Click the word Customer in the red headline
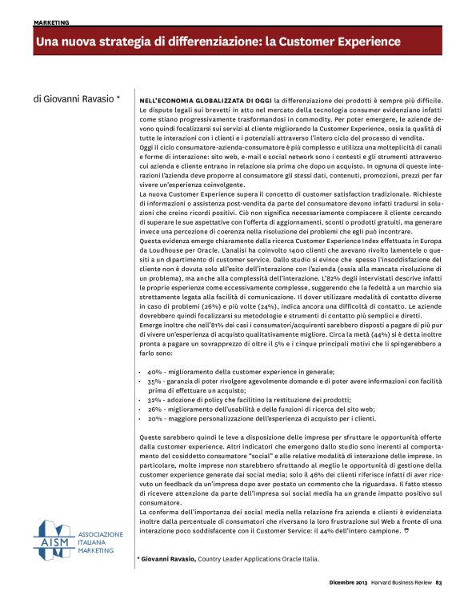click(x=309, y=41)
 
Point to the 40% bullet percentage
click(x=155, y=373)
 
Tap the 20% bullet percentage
click(x=155, y=417)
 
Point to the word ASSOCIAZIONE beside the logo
click(x=101, y=533)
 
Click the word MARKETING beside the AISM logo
click(x=95, y=550)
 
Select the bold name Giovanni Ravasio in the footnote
click(x=168, y=560)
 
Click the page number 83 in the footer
click(x=450, y=592)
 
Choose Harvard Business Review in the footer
click(x=404, y=592)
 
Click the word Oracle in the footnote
click(x=289, y=560)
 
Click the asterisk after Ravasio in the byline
click(x=118, y=98)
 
